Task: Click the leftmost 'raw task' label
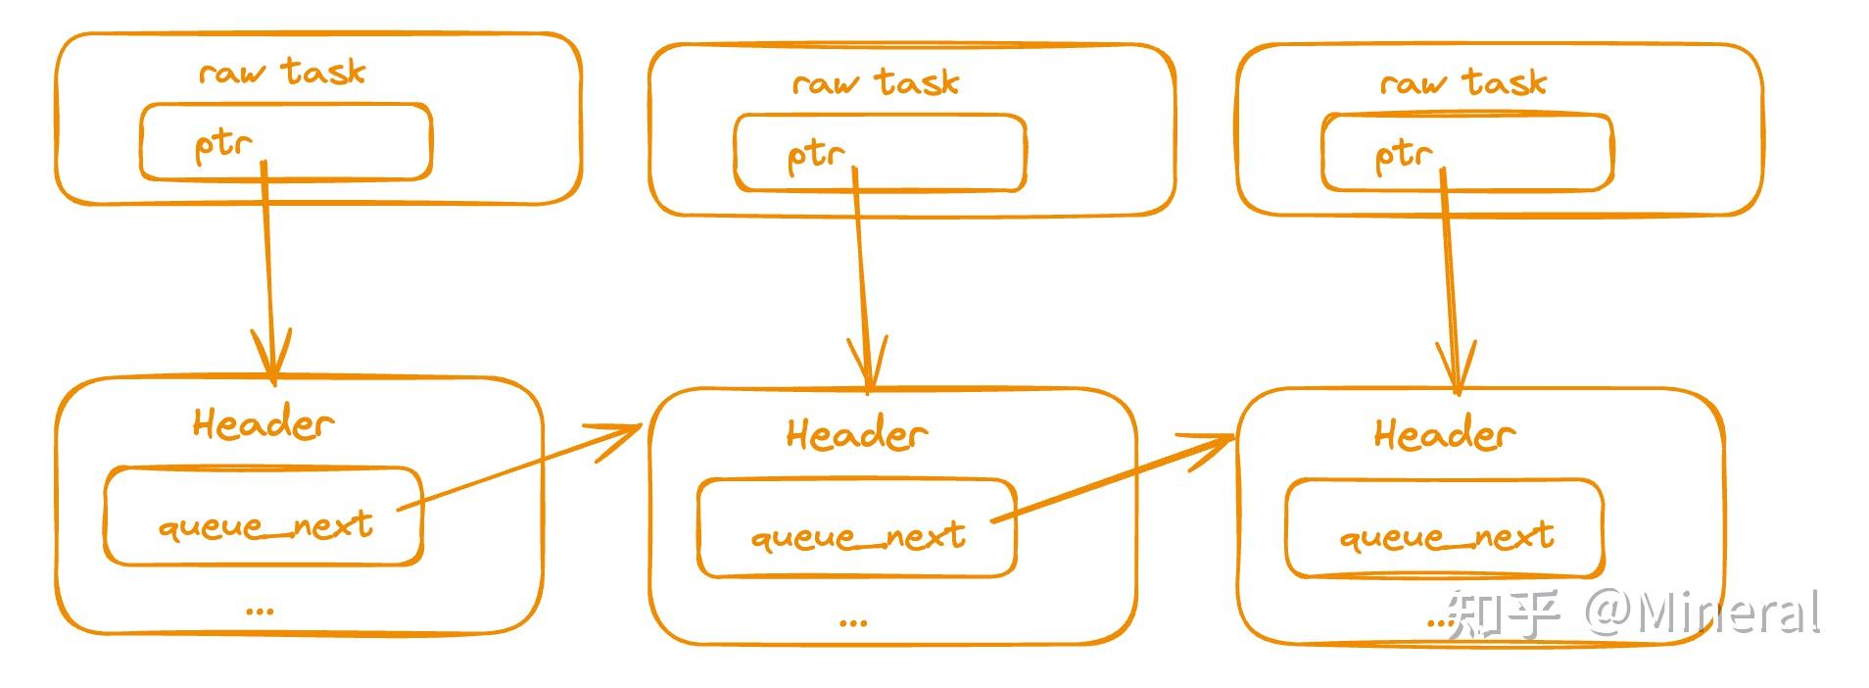(282, 72)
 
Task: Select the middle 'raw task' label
(876, 82)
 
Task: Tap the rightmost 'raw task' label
(1463, 82)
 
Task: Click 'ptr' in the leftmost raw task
(223, 145)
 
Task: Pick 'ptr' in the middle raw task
(816, 156)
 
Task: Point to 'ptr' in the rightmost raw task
(1404, 156)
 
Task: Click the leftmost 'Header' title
(263, 423)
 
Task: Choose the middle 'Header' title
(856, 434)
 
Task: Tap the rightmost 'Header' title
(1444, 434)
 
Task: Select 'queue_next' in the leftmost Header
(265, 526)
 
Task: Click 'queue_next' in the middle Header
(858, 537)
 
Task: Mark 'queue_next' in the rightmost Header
(1447, 537)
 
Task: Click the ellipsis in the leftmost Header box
(260, 611)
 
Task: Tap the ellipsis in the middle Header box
(853, 621)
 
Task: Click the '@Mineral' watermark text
(1702, 614)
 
